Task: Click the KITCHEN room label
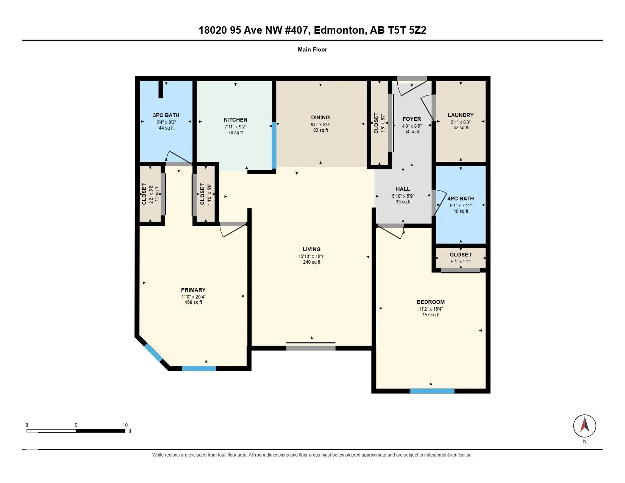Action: click(x=235, y=120)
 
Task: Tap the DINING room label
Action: click(x=320, y=117)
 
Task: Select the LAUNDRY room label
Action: click(x=461, y=115)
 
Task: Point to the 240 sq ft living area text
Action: click(x=311, y=262)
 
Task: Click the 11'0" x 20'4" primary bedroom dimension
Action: click(x=193, y=297)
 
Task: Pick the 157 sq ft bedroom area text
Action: click(x=431, y=315)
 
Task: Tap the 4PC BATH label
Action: click(x=461, y=199)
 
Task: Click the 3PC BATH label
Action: click(x=166, y=115)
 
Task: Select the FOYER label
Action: click(x=412, y=119)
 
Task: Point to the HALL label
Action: click(x=403, y=189)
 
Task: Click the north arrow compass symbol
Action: click(x=584, y=426)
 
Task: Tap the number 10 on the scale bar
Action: click(x=125, y=425)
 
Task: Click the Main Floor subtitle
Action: click(x=312, y=50)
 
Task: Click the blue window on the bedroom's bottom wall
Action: click(x=432, y=391)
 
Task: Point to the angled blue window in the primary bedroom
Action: click(x=153, y=352)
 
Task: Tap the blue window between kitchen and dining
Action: click(x=274, y=145)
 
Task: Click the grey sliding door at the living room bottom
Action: click(x=311, y=348)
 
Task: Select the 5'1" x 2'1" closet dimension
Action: click(x=461, y=262)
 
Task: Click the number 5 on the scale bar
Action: click(x=76, y=425)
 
